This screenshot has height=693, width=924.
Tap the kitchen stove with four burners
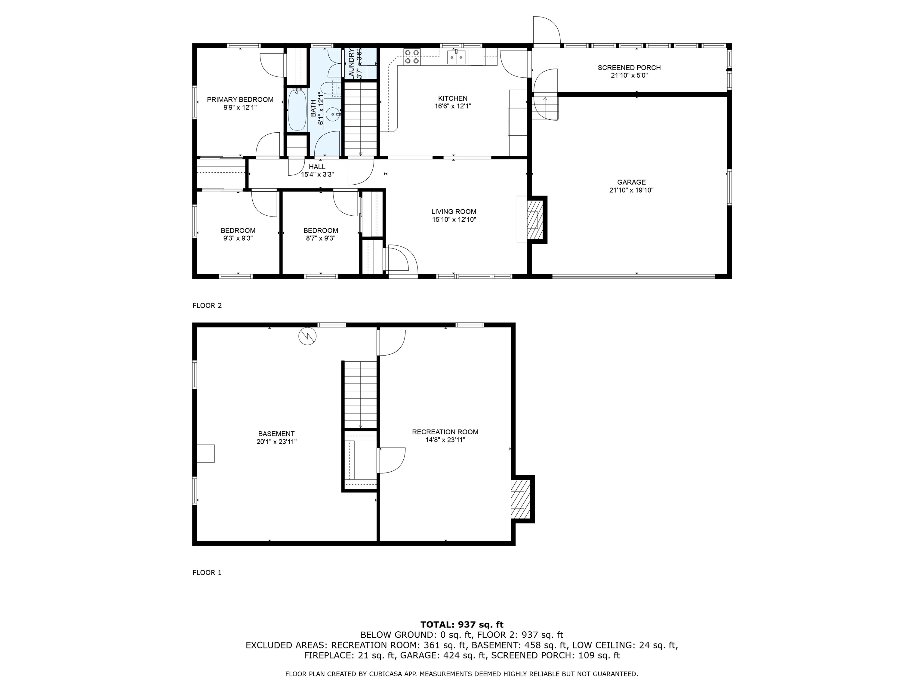tap(411, 57)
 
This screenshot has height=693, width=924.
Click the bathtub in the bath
tap(297, 110)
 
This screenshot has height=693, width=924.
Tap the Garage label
tap(631, 182)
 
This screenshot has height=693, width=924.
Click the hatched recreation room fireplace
tap(520, 499)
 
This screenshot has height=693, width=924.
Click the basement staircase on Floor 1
tap(360, 395)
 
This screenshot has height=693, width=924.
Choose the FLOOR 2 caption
tap(207, 305)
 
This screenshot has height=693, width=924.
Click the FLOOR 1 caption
tap(207, 572)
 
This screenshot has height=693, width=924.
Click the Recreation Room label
tap(445, 432)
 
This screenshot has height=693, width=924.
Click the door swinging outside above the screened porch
tap(546, 30)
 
